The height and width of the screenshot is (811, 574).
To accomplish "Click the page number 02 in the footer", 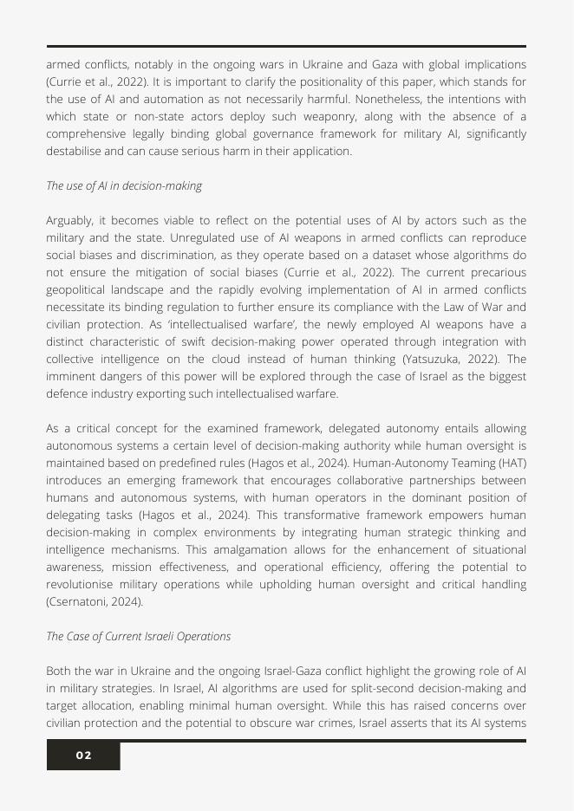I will click(x=83, y=756).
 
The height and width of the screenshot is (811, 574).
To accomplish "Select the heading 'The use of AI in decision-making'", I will click(x=124, y=185).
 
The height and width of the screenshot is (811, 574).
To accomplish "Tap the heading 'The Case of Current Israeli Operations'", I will click(x=139, y=636).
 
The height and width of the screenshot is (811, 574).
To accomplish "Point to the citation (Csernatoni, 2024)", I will click(x=95, y=601).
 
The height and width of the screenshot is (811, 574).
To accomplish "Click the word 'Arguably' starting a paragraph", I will click(x=69, y=220).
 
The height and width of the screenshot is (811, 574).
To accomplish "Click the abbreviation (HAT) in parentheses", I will click(x=511, y=463).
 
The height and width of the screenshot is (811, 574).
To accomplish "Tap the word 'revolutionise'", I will click(x=82, y=584).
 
